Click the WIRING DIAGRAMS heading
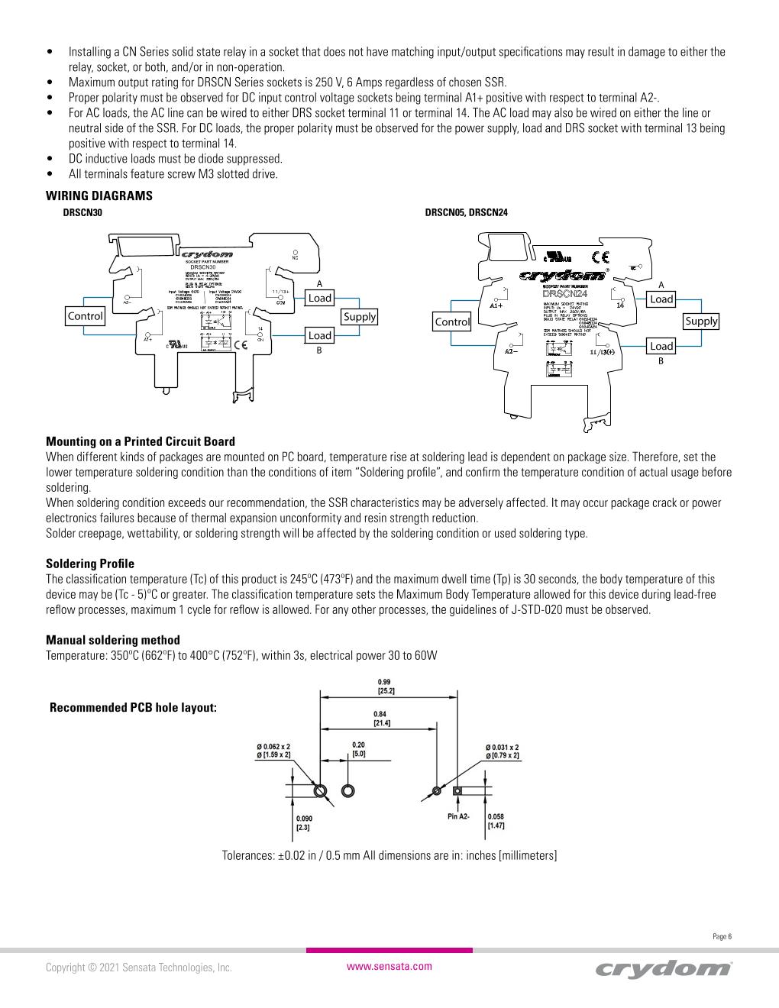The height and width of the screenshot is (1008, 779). [x=99, y=195]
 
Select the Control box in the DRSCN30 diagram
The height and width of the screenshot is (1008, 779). [x=85, y=316]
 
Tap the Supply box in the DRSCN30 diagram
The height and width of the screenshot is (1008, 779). [x=359, y=316]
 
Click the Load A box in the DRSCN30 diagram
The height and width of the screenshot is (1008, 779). [x=319, y=298]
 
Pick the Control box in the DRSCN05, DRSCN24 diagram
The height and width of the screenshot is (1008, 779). [x=452, y=321]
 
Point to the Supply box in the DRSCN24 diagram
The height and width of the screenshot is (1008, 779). [x=701, y=321]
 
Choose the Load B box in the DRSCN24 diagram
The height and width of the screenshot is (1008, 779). [x=661, y=346]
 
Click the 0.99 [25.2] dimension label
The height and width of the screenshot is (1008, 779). [x=386, y=686]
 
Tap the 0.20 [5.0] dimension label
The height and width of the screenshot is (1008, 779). [x=358, y=748]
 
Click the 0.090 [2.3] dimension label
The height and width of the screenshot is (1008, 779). [x=304, y=822]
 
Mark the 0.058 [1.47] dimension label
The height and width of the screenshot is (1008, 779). [x=496, y=822]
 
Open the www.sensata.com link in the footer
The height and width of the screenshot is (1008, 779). [x=389, y=966]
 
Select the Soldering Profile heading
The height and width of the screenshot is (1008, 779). [x=90, y=564]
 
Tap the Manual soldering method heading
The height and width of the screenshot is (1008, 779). [x=113, y=640]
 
